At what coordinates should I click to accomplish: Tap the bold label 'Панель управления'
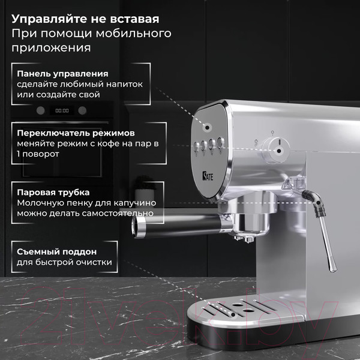pyautogui.click(x=63, y=73)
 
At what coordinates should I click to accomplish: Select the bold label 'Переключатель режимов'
pyautogui.click(x=76, y=132)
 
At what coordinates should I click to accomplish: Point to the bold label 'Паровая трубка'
pyautogui.click(x=53, y=192)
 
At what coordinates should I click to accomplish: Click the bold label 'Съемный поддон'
pyautogui.click(x=57, y=251)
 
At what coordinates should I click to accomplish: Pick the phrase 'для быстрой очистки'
pyautogui.click(x=64, y=262)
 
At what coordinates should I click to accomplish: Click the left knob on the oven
pyautogui.click(x=41, y=110)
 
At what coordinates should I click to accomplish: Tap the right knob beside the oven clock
pyautogui.click(x=82, y=110)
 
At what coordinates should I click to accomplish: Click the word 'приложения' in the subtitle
pyautogui.click(x=52, y=47)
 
